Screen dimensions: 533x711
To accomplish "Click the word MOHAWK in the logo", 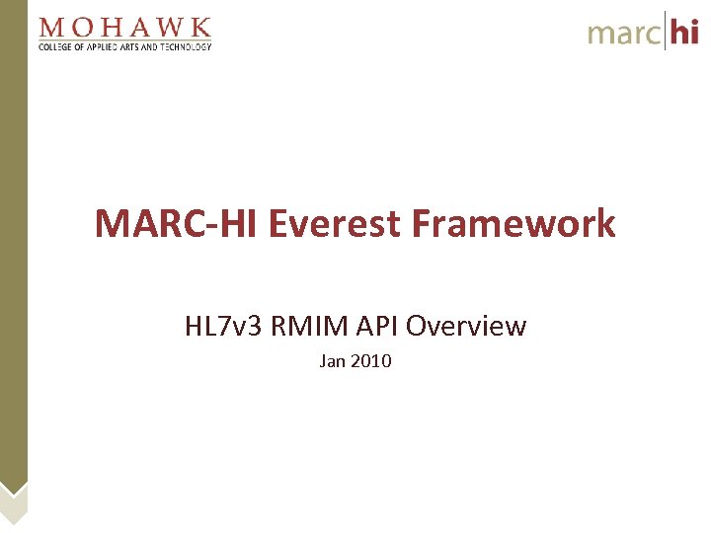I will point(124,27).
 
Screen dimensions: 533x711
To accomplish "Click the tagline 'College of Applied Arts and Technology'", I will point(124,45).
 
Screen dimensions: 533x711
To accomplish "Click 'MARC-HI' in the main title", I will point(177,224).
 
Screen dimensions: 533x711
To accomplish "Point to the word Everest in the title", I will point(338,224).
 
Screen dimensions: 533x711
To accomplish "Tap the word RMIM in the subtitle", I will point(301,326).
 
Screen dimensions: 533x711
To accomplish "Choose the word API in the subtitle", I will point(376,326).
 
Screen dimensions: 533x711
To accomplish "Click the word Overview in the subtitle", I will point(466,326).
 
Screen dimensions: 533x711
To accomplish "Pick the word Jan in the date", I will point(332,361).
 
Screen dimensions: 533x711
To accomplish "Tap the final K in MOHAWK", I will point(200,27).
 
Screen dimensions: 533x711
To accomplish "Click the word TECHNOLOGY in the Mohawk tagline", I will point(185,45).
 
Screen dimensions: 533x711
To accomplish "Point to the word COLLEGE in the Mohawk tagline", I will point(56,45).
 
